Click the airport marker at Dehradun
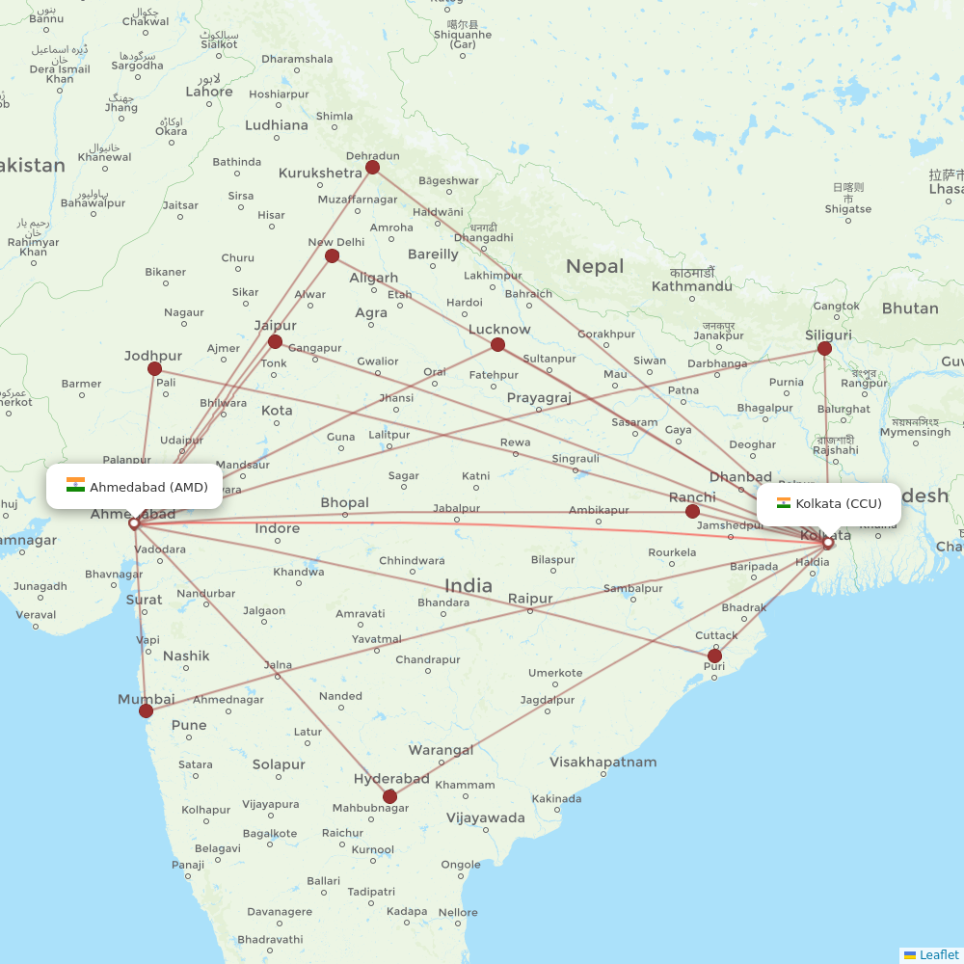click(x=372, y=168)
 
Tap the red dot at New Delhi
click(x=333, y=255)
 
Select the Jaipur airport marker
click(x=275, y=341)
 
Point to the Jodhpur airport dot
click(x=154, y=369)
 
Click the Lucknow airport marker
click(x=497, y=344)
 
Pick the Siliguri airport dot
click(x=824, y=348)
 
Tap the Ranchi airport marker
click(x=692, y=511)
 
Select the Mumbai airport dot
click(x=146, y=711)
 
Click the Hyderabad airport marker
click(x=389, y=796)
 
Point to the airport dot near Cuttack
click(x=714, y=656)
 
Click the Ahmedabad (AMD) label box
click(x=135, y=487)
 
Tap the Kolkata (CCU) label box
click(x=828, y=504)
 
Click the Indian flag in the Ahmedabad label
click(x=75, y=486)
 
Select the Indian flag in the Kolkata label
click(x=784, y=503)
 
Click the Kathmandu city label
click(x=692, y=286)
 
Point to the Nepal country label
click(x=595, y=266)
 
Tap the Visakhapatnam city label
click(x=602, y=763)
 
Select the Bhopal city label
click(x=344, y=502)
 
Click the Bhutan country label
click(x=909, y=308)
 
